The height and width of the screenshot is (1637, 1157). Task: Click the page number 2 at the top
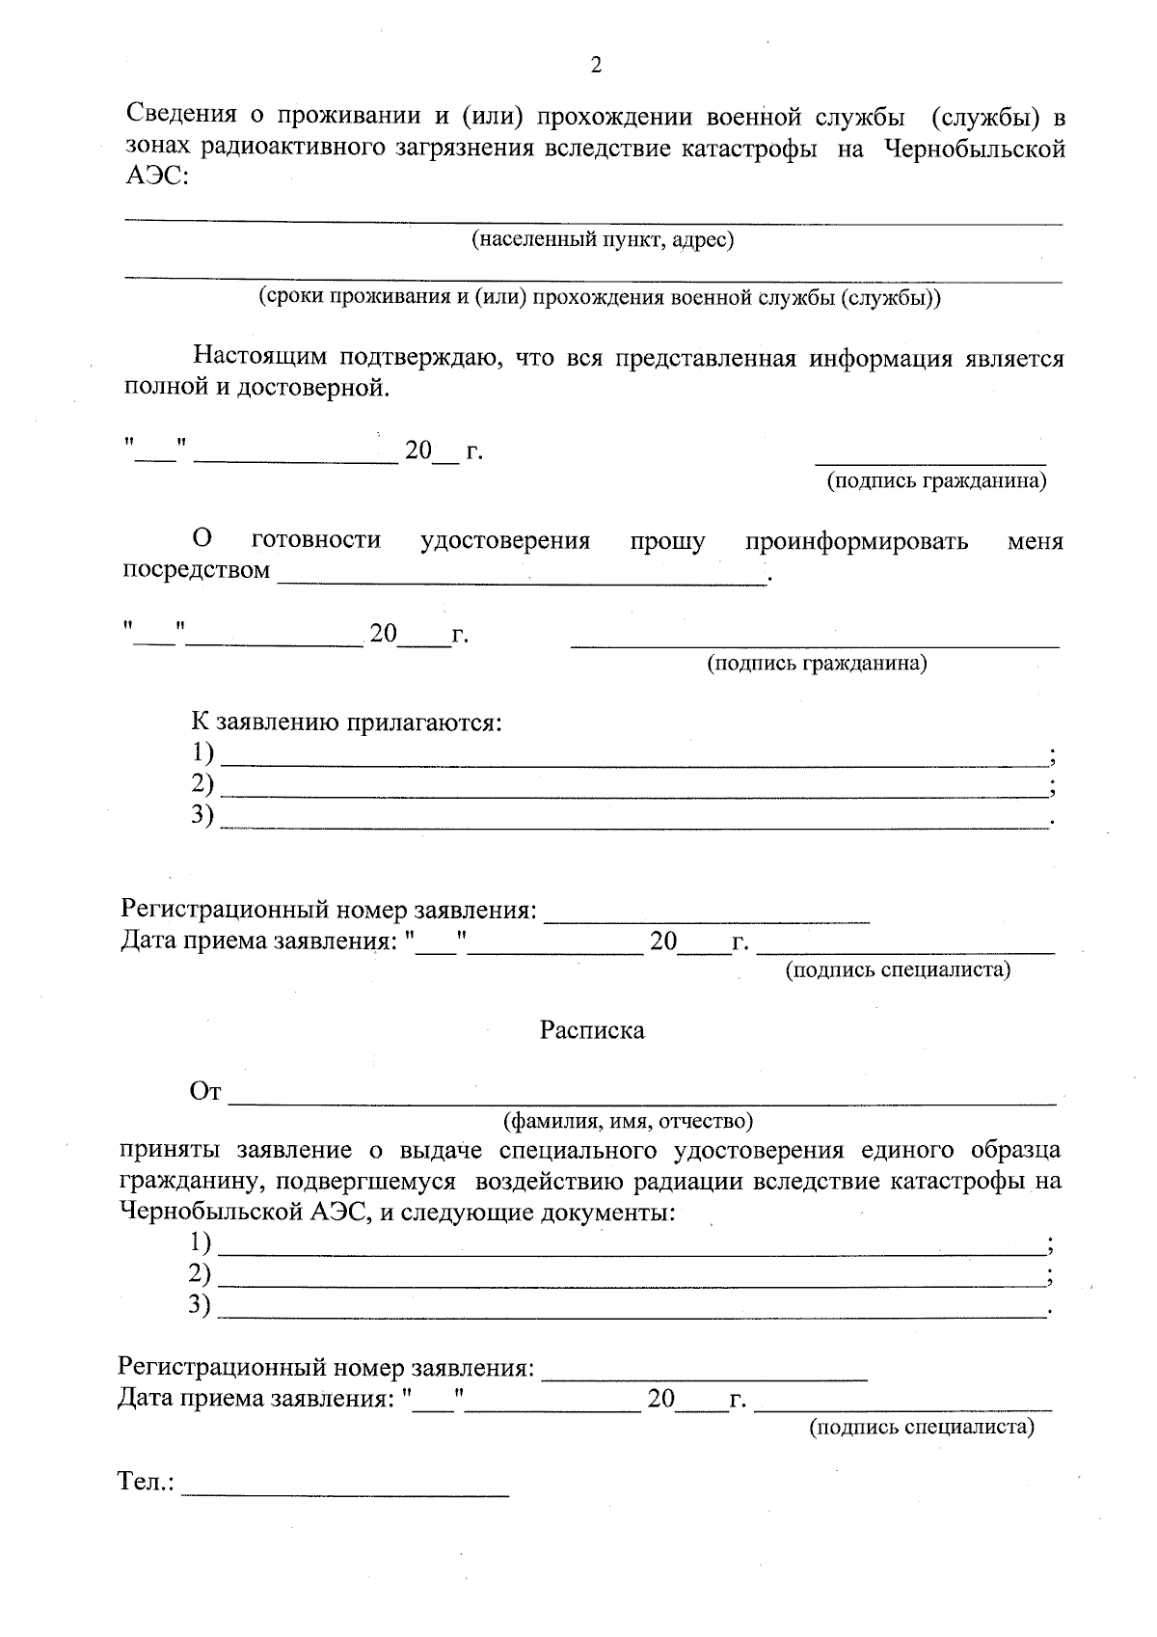[595, 66]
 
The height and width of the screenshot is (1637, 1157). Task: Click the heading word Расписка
[591, 1030]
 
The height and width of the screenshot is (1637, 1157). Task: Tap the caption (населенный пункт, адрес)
[602, 239]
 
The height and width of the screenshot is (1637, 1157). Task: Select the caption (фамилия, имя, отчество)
[627, 1121]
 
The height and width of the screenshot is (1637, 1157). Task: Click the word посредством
[196, 570]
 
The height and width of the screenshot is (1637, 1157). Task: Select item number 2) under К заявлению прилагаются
[202, 783]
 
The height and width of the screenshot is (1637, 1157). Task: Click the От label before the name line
[205, 1092]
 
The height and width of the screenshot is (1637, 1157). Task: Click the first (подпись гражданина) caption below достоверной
[935, 480]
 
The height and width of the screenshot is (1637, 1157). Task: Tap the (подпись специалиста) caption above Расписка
[897, 969]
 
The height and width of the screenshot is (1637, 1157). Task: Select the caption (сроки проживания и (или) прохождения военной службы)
[598, 297]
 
